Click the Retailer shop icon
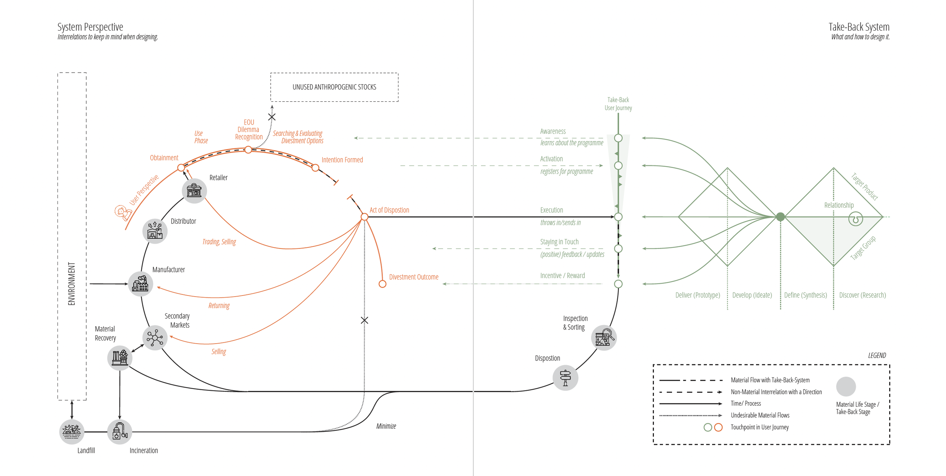[x=194, y=191]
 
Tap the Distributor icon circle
[x=155, y=231]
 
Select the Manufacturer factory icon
[x=140, y=284]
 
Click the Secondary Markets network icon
[x=155, y=338]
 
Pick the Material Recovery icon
[x=120, y=358]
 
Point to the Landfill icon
[x=72, y=432]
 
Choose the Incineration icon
[x=120, y=432]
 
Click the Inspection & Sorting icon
[x=604, y=338]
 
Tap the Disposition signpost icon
[x=565, y=378]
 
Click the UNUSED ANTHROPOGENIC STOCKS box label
[x=335, y=87]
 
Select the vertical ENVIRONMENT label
[x=72, y=284]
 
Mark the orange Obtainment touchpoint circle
[x=181, y=167]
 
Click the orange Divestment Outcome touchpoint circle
[x=383, y=284]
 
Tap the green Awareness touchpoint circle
[x=618, y=138]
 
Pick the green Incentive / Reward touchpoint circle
[x=618, y=284]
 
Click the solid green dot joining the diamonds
[x=780, y=217]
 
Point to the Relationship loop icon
[x=856, y=219]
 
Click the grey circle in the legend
[x=846, y=386]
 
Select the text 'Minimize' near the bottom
[x=386, y=426]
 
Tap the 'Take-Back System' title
[x=859, y=27]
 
